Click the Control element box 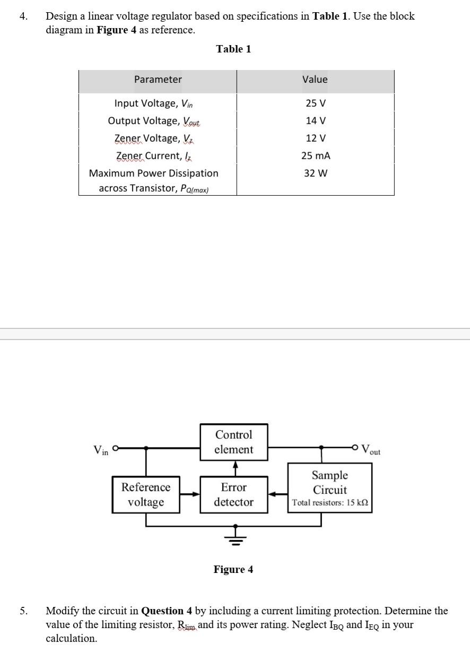[234, 442]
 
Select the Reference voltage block [146, 494]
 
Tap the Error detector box [234, 494]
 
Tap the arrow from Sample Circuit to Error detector [278, 494]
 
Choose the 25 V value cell [315, 103]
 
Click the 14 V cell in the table [315, 120]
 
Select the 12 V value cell [315, 138]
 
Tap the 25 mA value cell [315, 155]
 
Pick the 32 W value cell [315, 173]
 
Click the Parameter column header [158, 80]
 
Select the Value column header [315, 80]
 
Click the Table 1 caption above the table [233, 49]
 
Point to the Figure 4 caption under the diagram [233, 570]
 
